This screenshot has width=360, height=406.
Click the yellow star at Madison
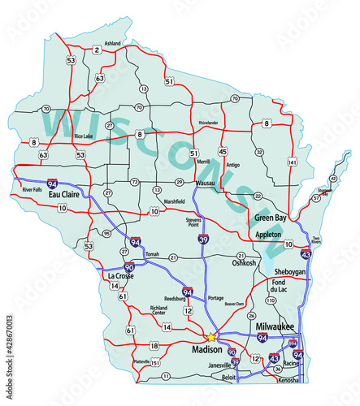coord(210,336)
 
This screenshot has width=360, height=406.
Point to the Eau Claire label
coord(63,196)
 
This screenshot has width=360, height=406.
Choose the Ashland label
coord(112,43)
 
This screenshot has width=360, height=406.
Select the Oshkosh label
coord(244,262)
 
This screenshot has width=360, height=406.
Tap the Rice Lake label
coord(84,136)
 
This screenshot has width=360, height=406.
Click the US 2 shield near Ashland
coord(97,50)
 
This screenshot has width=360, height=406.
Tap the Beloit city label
coord(230,377)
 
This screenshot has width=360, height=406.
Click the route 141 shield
coord(290,163)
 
